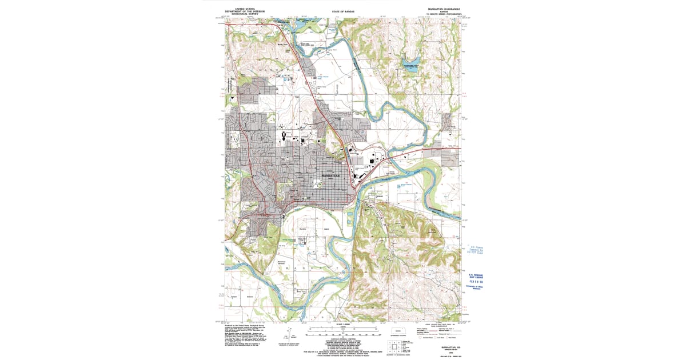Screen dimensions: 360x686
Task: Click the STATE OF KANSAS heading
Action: click(343, 11)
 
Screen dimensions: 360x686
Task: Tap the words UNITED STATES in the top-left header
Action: click(240, 9)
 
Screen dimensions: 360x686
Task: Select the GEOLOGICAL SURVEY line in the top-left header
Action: click(240, 15)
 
